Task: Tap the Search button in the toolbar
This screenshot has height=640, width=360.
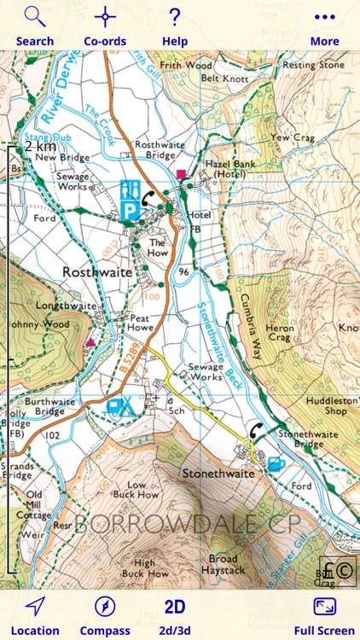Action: click(34, 26)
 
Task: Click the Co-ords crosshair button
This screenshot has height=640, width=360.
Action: click(105, 26)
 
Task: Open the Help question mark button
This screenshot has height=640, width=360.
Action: click(175, 26)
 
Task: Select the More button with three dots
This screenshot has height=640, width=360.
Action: click(324, 26)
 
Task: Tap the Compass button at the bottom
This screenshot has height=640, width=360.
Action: click(105, 615)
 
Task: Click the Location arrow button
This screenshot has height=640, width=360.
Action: click(35, 615)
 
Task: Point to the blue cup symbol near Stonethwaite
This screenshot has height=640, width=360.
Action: click(275, 464)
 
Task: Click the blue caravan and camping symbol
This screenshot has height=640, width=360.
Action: click(120, 407)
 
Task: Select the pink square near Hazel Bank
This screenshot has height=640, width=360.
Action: click(181, 175)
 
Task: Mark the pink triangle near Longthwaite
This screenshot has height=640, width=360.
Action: click(90, 342)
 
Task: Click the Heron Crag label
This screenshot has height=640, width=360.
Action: click(280, 334)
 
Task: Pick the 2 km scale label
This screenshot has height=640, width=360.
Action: click(40, 147)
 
